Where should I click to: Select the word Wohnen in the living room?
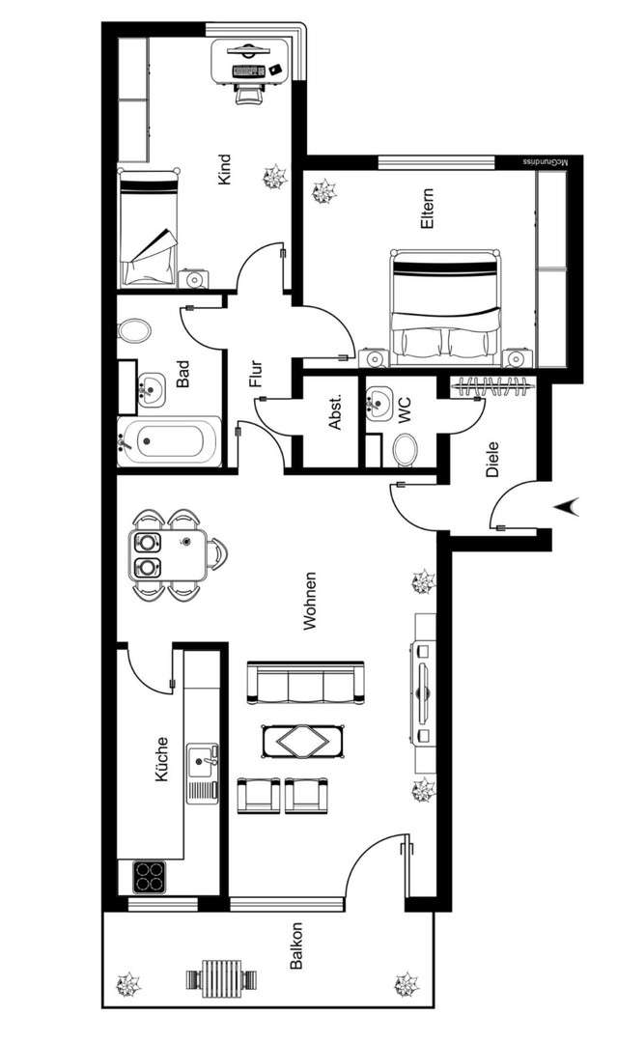tap(310, 601)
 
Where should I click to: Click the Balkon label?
tap(297, 946)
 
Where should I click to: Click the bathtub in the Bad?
tap(170, 442)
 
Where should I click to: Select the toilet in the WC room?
tap(406, 448)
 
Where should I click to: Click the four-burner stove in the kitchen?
tap(150, 877)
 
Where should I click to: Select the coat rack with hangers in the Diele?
tap(492, 386)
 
